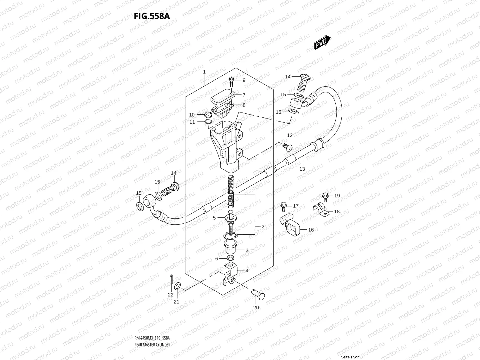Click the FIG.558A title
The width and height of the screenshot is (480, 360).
coord(152,16)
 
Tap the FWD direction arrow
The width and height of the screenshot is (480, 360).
coord(322,42)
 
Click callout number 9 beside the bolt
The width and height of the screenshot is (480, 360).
coord(244,80)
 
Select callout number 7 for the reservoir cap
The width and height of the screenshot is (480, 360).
coord(244,95)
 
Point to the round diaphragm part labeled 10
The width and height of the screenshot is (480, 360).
coord(207,114)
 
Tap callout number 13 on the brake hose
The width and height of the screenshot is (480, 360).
coord(302,169)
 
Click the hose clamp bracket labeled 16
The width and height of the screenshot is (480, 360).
coord(290,225)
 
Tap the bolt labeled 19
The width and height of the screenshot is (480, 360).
coord(325,196)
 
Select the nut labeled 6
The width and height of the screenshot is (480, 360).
coord(230,258)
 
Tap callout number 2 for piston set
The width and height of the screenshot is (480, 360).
coord(263,226)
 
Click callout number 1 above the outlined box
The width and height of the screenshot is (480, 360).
coord(204,72)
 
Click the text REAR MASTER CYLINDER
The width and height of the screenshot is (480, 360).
coord(152,328)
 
